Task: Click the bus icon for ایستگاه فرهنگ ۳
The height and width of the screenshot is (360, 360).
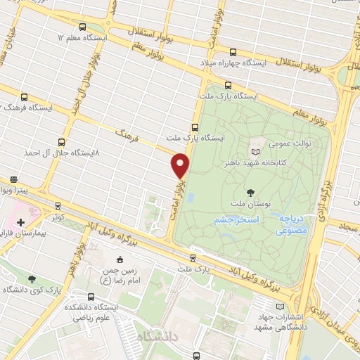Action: point(25,98)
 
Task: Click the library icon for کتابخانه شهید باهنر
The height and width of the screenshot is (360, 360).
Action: point(255,151)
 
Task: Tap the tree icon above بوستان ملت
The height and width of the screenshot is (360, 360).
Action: point(251,192)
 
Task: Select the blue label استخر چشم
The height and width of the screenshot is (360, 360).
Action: point(236,219)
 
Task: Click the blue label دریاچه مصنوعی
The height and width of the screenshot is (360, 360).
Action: point(290,224)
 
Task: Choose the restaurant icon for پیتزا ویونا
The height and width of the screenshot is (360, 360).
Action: point(14,179)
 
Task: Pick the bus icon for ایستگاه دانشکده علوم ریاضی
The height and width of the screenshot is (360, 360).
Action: point(91,297)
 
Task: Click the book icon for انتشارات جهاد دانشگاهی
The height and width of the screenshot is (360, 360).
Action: point(281,307)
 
